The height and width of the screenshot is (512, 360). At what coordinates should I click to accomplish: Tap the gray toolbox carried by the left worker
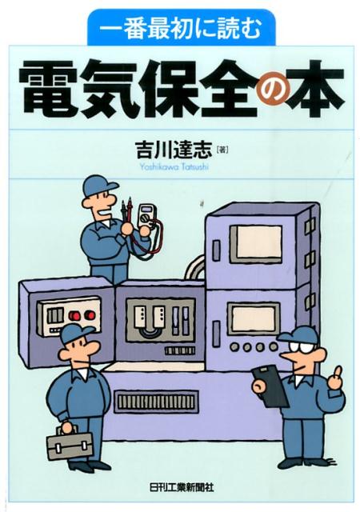pyautogui.click(x=66, y=444)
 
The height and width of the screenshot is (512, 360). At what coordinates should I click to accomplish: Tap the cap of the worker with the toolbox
pyautogui.click(x=75, y=332)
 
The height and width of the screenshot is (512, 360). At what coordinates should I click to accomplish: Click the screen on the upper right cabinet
pyautogui.click(x=254, y=242)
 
